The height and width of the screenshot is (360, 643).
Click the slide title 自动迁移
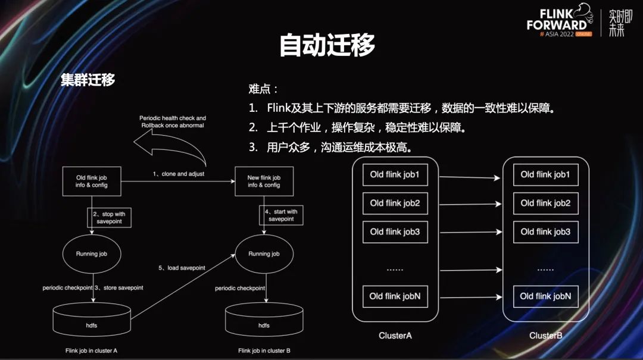tap(327, 45)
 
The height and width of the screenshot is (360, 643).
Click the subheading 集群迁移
tap(88, 80)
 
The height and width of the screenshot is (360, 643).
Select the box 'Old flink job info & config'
tap(92, 181)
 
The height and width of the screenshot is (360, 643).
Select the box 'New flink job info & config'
tap(264, 181)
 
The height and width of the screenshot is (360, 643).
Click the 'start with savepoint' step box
tap(281, 215)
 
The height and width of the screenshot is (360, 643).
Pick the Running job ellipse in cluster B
tap(264, 254)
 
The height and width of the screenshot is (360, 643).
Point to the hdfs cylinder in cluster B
tap(264, 322)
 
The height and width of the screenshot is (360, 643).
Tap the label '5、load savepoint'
tap(182, 268)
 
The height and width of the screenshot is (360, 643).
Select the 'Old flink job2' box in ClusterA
tap(395, 204)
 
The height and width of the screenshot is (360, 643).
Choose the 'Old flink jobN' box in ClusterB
tap(545, 296)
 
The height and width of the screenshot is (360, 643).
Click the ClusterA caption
tap(395, 336)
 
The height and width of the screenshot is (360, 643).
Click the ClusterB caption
tap(545, 336)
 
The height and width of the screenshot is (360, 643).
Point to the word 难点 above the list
tap(261, 89)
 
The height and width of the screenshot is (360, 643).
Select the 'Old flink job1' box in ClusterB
tap(545, 175)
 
